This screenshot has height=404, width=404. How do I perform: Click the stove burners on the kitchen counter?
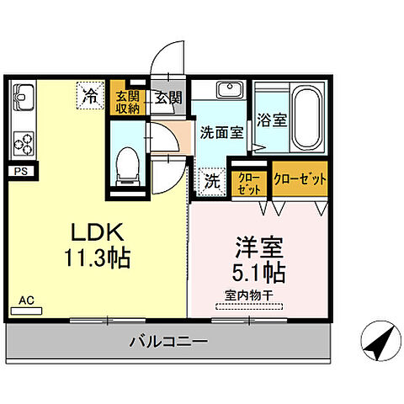pyautogui.click(x=24, y=141)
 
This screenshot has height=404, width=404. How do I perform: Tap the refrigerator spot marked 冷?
pyautogui.click(x=89, y=95)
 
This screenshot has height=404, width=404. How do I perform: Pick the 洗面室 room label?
pyautogui.click(x=221, y=132)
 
